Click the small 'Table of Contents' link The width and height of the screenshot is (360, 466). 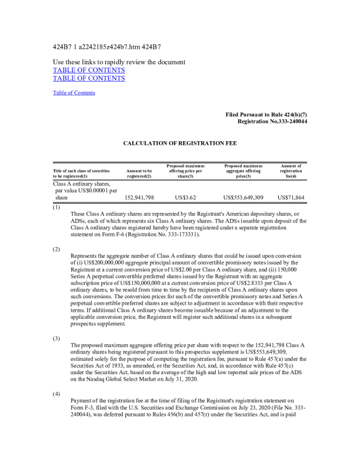click(74, 92)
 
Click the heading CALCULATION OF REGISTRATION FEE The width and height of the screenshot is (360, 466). click(179, 143)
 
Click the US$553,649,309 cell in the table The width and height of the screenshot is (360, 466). click(243, 198)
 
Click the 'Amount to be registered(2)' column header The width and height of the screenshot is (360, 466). click(139, 173)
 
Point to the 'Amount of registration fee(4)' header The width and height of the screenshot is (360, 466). click(291, 171)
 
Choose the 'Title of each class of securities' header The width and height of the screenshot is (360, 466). click(81, 173)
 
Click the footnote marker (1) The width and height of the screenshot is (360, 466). click(56, 207)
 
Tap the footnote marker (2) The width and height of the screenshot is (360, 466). click(56, 249)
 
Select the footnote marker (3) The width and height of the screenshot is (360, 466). click(56, 339)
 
